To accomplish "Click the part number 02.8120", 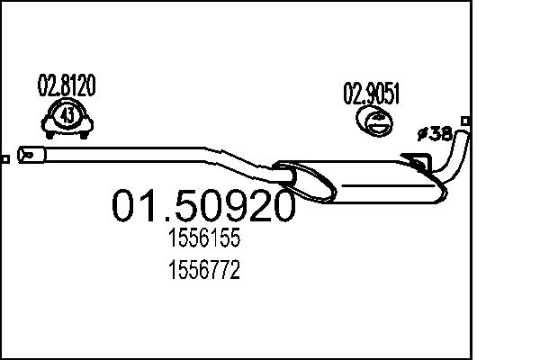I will point(66,86).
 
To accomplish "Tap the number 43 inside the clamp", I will point(67,116).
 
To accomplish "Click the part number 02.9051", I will point(370,92).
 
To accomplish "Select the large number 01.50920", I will point(202,206).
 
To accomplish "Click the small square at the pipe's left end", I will point(5,159).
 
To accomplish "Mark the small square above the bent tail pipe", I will point(464,120).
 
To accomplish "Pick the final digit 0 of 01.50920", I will point(280,206).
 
